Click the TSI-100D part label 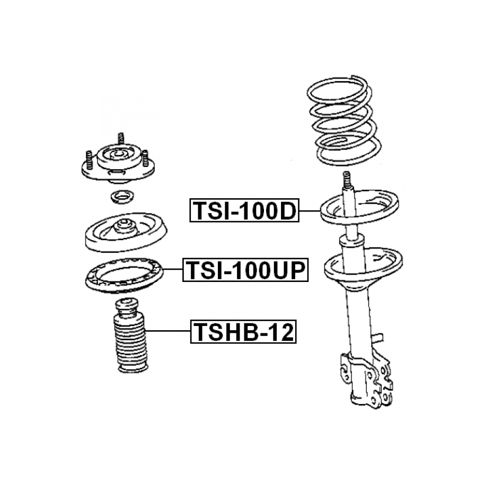(244, 210)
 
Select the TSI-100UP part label (245, 270)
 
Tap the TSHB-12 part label (243, 332)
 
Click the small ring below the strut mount (122, 197)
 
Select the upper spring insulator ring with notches (124, 275)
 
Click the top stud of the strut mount (121, 138)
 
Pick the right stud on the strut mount (145, 158)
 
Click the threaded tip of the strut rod (347, 179)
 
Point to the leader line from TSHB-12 (168, 331)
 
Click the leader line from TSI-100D (310, 210)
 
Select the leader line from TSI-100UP (173, 269)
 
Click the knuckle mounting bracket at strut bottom (366, 377)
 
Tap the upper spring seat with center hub (126, 232)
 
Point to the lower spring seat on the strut (363, 267)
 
